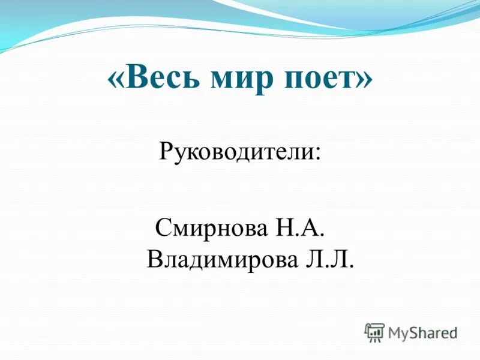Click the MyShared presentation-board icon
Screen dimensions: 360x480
tap(374, 332)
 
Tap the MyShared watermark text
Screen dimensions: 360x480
tap(422, 332)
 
